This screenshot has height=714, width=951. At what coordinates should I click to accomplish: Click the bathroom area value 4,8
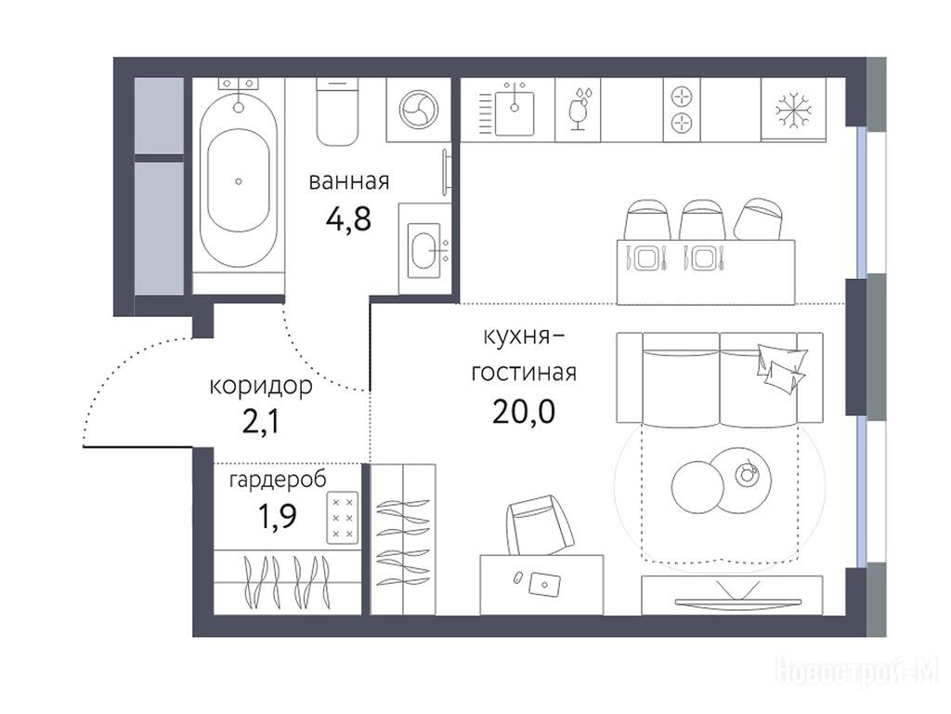click(348, 218)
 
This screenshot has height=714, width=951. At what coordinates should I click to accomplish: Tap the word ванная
click(349, 181)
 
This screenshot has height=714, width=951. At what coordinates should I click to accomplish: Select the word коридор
click(261, 387)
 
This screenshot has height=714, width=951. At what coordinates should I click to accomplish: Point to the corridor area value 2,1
click(261, 422)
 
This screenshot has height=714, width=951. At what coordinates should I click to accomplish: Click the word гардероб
click(278, 480)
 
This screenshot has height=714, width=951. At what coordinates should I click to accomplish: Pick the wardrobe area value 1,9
click(278, 516)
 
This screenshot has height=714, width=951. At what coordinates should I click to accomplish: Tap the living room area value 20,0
click(524, 412)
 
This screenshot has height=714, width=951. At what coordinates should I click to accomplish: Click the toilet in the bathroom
click(336, 112)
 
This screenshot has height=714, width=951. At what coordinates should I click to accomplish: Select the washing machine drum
click(419, 110)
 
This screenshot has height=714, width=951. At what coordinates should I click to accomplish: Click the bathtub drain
click(239, 181)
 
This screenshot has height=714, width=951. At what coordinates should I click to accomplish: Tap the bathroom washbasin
click(424, 249)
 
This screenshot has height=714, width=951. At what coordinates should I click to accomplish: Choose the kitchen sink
click(515, 112)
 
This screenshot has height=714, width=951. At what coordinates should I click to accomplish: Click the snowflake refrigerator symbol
click(793, 111)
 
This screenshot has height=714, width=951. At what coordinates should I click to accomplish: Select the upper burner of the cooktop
click(682, 96)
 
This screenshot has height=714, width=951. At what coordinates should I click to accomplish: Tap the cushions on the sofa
click(781, 368)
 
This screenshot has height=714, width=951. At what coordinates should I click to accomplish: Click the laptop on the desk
click(544, 584)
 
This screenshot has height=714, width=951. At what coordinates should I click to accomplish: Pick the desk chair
click(540, 525)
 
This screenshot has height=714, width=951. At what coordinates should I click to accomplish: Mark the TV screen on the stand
click(737, 602)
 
